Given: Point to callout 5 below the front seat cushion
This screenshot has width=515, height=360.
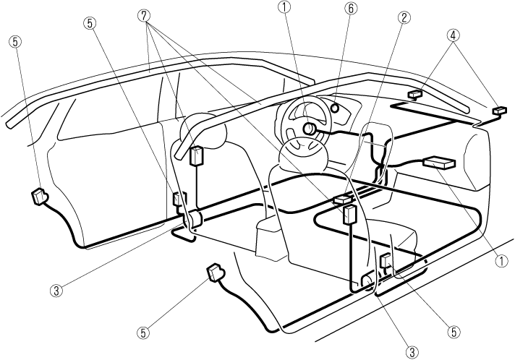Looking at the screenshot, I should coord(454,332).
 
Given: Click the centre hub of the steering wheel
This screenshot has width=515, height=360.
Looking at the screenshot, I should coord(309,129).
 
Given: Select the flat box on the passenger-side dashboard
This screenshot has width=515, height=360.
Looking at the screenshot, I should coord(439,163).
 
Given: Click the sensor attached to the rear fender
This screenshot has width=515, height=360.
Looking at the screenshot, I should coord(41,196).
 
